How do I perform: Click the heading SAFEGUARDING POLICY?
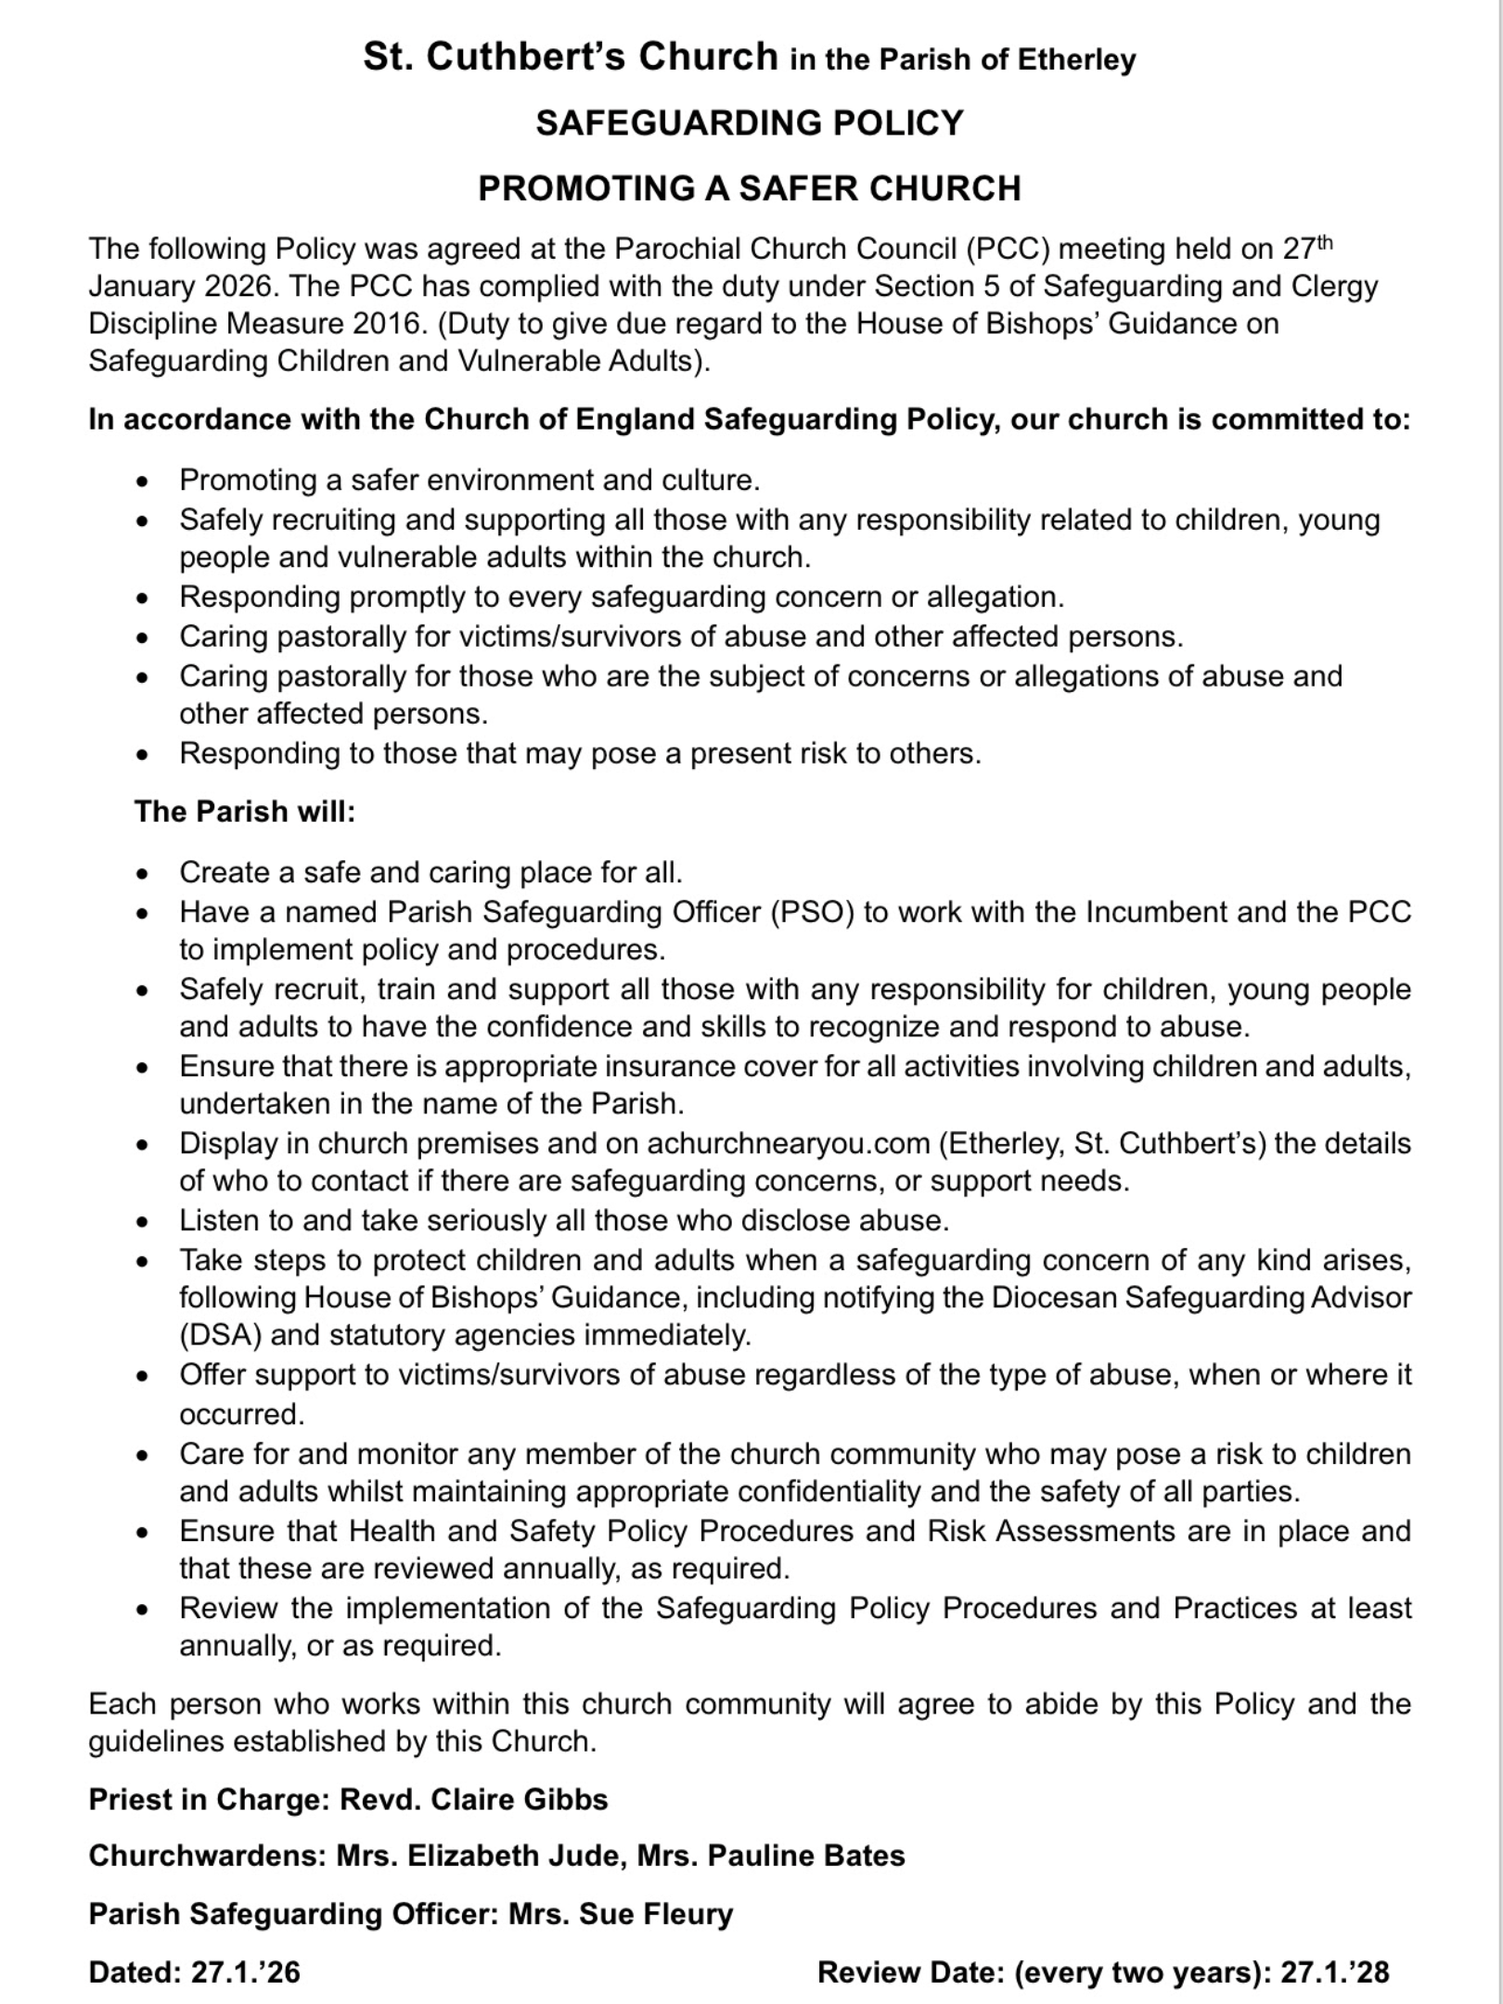pyautogui.click(x=750, y=123)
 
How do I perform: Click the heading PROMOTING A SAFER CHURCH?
pyautogui.click(x=750, y=188)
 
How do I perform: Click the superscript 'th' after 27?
pyautogui.click(x=1325, y=243)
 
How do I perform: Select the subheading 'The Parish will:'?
pyautogui.click(x=245, y=812)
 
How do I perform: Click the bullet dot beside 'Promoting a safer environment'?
pyautogui.click(x=142, y=482)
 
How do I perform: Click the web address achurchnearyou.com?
pyautogui.click(x=788, y=1143)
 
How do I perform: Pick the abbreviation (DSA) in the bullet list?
pyautogui.click(x=221, y=1335)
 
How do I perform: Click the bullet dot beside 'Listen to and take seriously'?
pyautogui.click(x=142, y=1222)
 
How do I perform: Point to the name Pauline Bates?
pyautogui.click(x=805, y=1856)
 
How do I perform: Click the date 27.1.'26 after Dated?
pyautogui.click(x=246, y=1972)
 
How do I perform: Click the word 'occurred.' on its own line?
pyautogui.click(x=242, y=1414)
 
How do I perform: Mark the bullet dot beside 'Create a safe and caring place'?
pyautogui.click(x=142, y=874)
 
